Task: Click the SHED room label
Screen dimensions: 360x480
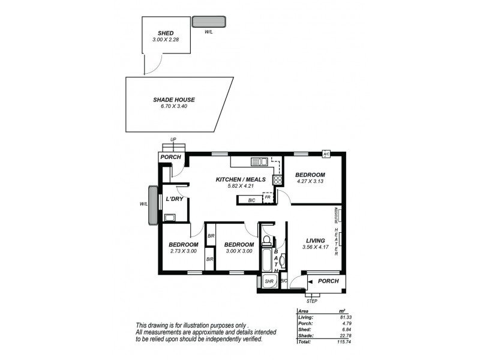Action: [x=166, y=34]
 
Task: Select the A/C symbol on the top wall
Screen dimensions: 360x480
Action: [x=326, y=153]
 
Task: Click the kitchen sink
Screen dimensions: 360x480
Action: [x=260, y=161]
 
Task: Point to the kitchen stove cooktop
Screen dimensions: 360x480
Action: [x=278, y=180]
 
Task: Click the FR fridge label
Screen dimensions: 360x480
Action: [x=268, y=197]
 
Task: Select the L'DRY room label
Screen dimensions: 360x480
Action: [x=175, y=199]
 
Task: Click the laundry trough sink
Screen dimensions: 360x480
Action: [x=169, y=218]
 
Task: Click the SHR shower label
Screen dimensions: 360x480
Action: [x=269, y=280]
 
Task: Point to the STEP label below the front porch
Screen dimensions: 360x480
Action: [x=311, y=301]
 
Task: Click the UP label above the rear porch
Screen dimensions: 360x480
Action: [x=173, y=140]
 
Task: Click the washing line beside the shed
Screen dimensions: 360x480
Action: [x=209, y=22]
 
